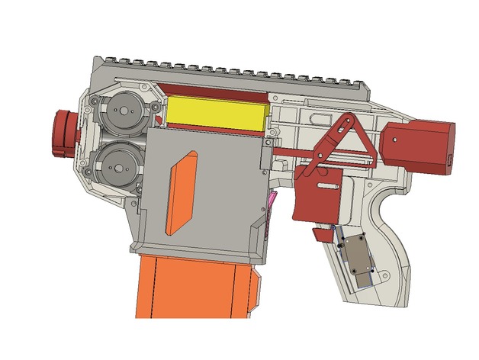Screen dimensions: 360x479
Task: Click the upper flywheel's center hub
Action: coord(120,111)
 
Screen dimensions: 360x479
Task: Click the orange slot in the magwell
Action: coord(182,192)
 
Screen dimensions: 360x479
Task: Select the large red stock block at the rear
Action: coord(420,145)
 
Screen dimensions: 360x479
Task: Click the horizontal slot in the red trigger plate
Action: coord(329,185)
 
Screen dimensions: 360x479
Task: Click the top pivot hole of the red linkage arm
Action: coord(349,121)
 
